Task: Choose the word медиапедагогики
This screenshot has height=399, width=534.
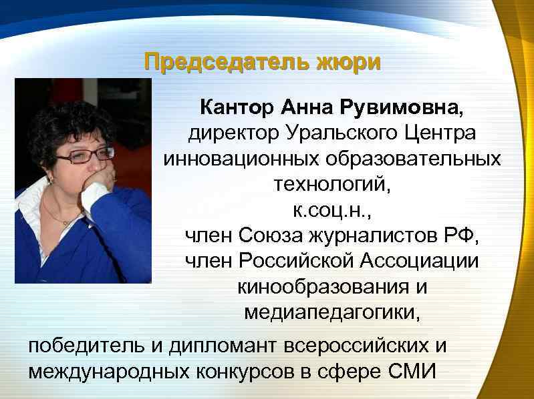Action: click(332, 312)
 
